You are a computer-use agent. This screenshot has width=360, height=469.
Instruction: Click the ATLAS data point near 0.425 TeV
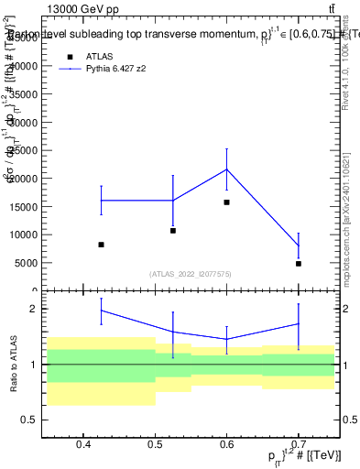tap(101, 245)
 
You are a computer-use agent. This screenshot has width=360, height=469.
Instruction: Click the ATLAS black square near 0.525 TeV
tap(173, 230)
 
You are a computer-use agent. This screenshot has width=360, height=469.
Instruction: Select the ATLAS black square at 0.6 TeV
tap(226, 202)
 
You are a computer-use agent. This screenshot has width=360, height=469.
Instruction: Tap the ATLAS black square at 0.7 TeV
tap(299, 264)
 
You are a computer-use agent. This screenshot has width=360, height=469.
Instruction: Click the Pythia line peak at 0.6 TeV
tap(226, 169)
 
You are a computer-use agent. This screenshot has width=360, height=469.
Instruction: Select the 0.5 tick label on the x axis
tap(155, 445)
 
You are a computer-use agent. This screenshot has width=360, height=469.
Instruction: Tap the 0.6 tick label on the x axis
tap(226, 445)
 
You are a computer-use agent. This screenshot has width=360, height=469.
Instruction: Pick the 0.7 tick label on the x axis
tap(299, 445)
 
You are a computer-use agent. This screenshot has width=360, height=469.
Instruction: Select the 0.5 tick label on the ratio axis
tap(30, 420)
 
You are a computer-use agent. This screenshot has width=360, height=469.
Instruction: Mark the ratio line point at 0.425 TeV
tap(101, 311)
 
